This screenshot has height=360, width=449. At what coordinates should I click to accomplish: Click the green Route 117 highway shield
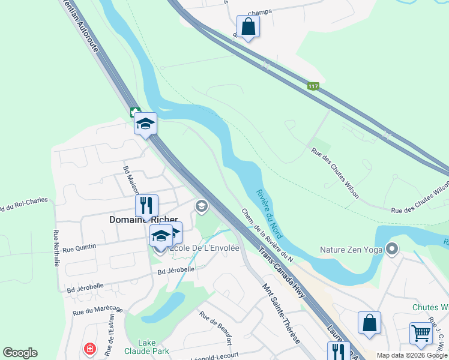tap(313, 87)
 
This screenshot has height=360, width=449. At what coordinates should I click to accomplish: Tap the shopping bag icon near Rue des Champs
tap(248, 27)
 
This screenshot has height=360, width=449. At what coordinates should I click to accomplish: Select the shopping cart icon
tap(421, 334)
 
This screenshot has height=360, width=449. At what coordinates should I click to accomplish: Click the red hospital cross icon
tap(89, 349)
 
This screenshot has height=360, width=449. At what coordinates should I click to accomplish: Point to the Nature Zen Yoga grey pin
tap(392, 248)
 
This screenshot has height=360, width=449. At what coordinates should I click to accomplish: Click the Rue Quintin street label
tap(79, 247)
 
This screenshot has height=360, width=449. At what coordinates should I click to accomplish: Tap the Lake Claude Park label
tap(146, 347)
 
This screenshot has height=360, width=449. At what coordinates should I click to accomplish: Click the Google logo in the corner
tap(20, 353)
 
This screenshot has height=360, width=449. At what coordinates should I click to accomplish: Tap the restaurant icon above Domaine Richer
tap(146, 206)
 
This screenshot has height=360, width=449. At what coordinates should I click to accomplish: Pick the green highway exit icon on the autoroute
tap(135, 112)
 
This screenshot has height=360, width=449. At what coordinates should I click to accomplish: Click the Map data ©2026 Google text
tap(412, 355)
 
